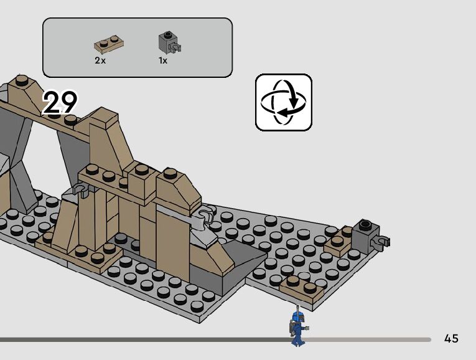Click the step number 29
click(60, 102)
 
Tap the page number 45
click(451, 339)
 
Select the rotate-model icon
click(283, 102)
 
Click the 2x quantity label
click(100, 60)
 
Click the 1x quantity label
click(163, 60)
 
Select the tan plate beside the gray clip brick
click(338, 245)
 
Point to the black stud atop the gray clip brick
click(363, 224)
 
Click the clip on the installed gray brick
click(381, 240)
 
